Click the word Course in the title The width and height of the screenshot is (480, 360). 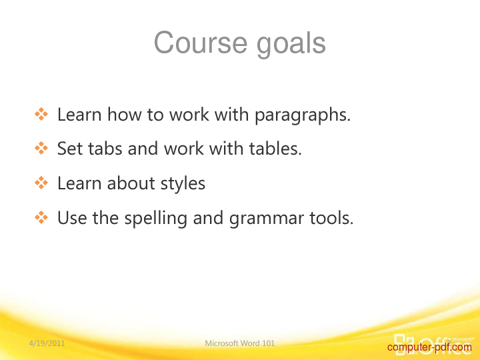[x=201, y=43]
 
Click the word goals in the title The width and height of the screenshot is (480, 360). [x=291, y=45]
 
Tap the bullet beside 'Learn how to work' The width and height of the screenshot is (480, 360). [x=41, y=114]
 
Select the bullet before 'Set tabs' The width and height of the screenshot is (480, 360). [x=41, y=149]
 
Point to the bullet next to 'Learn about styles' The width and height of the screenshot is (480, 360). [x=41, y=183]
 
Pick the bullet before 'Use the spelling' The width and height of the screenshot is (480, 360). [x=41, y=217]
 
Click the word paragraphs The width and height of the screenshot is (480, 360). [x=303, y=116]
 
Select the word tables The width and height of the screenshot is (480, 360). [x=275, y=149]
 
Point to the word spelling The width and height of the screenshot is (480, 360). [x=155, y=219]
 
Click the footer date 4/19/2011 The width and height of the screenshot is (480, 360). [x=47, y=343]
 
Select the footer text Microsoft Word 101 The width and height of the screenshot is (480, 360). [x=240, y=343]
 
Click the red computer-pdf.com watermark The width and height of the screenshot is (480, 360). [x=429, y=347]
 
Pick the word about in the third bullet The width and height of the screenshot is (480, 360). [x=131, y=183]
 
